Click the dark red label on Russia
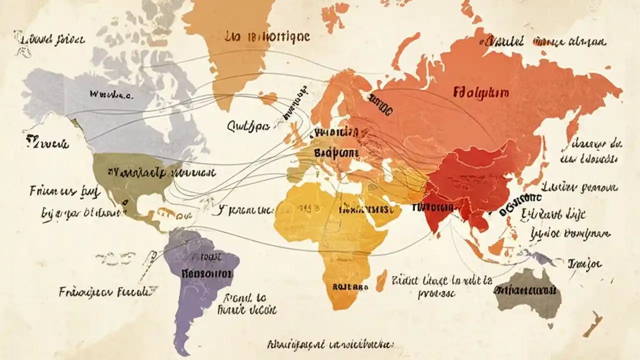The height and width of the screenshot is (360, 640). coord(481,92)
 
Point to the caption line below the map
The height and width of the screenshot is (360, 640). coord(330,344)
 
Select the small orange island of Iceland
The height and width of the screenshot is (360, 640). coord(268,98)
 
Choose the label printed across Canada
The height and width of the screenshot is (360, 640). coord(110,94)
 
